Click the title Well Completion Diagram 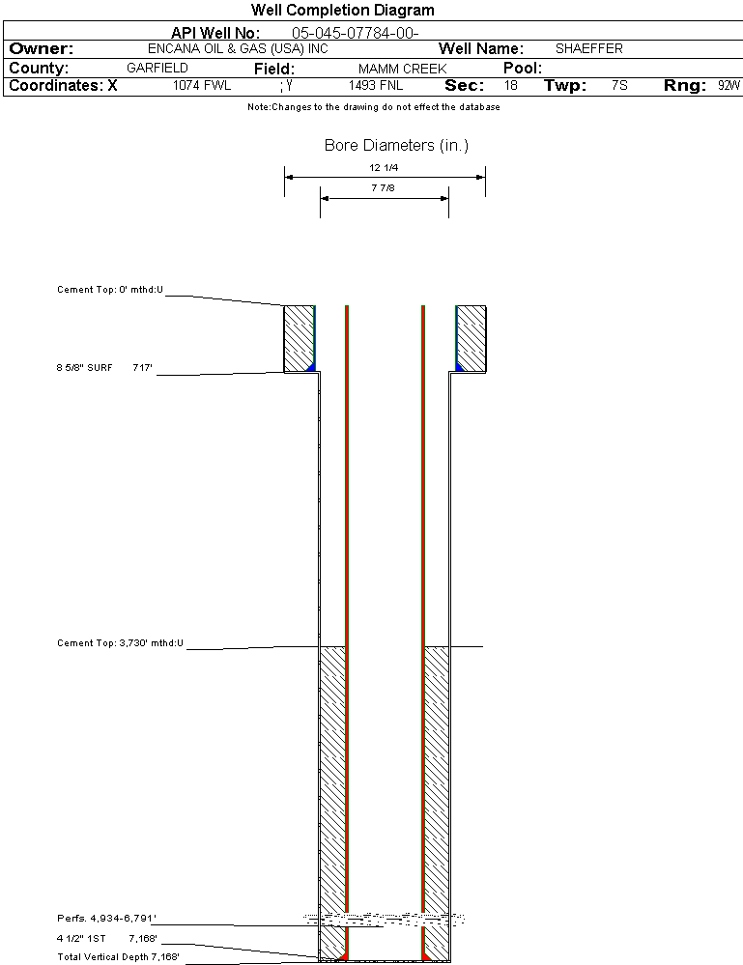(342, 11)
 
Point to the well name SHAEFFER (588, 48)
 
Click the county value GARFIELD (157, 69)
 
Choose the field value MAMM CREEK (402, 69)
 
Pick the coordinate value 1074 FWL (202, 86)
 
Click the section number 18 (510, 86)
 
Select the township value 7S (619, 86)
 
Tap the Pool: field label (523, 69)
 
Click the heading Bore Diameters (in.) (396, 146)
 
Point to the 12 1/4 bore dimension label (384, 167)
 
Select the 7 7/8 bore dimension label (384, 188)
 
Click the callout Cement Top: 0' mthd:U (110, 290)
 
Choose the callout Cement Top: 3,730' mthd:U (120, 642)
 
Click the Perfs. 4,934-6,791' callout (106, 918)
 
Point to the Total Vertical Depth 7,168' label (118, 956)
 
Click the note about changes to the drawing (373, 107)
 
